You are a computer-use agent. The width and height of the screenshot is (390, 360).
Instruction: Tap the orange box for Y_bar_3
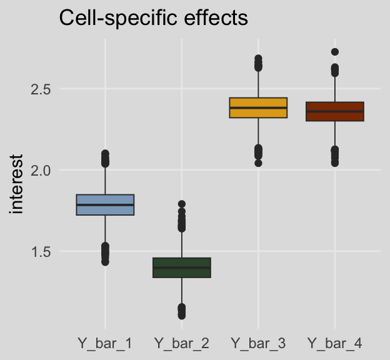[258, 102]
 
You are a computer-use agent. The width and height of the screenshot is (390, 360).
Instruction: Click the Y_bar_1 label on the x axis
[105, 343]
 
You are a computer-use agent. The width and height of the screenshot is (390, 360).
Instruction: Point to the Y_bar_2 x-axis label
[182, 343]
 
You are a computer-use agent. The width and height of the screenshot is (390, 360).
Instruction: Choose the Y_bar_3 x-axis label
[258, 343]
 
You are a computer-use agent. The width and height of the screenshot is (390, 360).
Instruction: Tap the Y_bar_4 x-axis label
[335, 343]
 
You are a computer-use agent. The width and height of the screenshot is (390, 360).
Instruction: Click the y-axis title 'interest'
[17, 184]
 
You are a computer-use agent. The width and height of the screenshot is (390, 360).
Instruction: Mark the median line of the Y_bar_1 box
[105, 204]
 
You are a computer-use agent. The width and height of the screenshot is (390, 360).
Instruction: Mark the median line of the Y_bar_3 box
[258, 107]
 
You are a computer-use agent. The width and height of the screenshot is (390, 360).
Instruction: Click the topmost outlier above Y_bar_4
[335, 52]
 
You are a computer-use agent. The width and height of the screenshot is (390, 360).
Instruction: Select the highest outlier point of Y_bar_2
[182, 204]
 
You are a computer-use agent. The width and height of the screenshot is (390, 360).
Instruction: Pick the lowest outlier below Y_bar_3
[258, 163]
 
